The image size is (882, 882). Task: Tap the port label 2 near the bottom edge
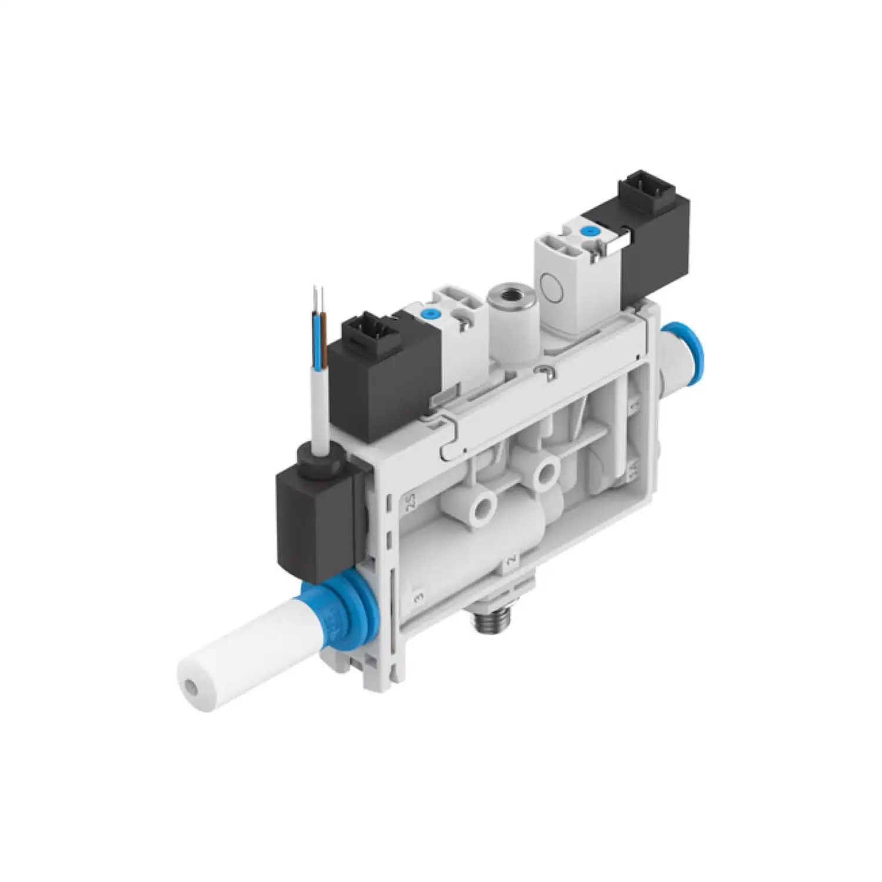click(510, 559)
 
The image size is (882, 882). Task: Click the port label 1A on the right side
click(633, 470)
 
